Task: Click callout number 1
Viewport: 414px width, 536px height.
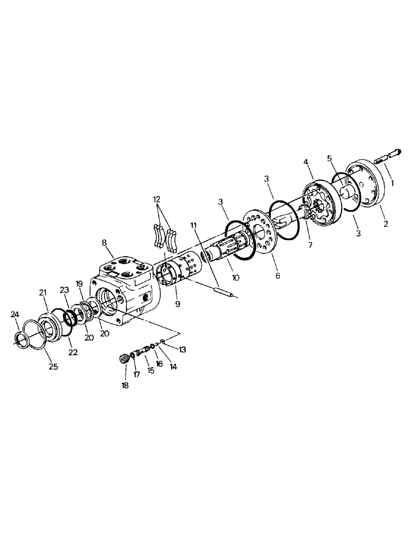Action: click(393, 182)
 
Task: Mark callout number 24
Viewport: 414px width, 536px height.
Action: click(16, 323)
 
